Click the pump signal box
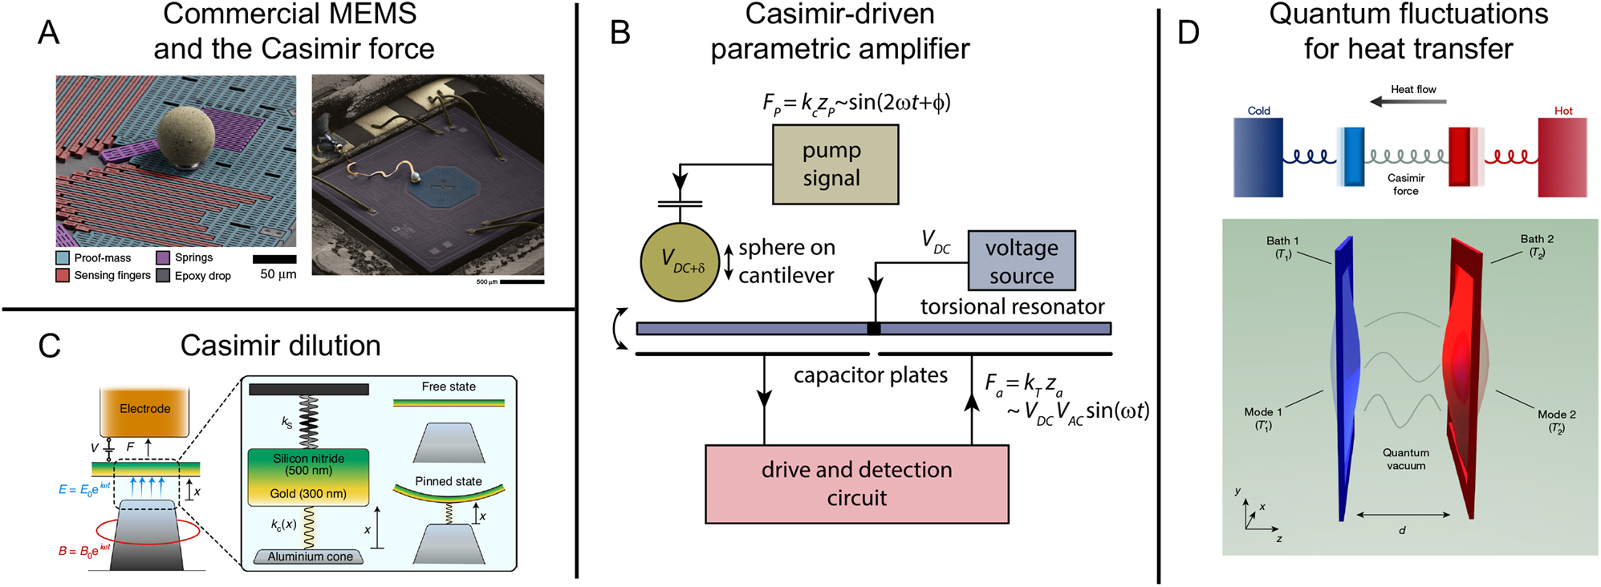click(835, 165)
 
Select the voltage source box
click(1021, 261)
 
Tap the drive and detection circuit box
click(856, 484)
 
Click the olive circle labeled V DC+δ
click(680, 261)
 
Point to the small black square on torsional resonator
click(874, 329)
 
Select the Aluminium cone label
click(310, 557)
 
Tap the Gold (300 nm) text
click(308, 494)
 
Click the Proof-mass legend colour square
click(63, 258)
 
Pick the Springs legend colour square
click(163, 258)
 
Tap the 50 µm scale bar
click(274, 259)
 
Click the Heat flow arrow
click(1408, 102)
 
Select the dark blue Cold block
click(1258, 157)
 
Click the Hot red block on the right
click(1562, 157)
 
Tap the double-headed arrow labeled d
click(1403, 515)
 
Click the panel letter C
click(50, 346)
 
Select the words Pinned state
click(448, 481)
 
